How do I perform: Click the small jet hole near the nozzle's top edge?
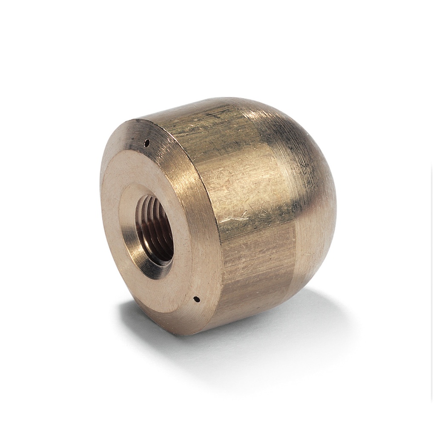pos(147,142)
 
